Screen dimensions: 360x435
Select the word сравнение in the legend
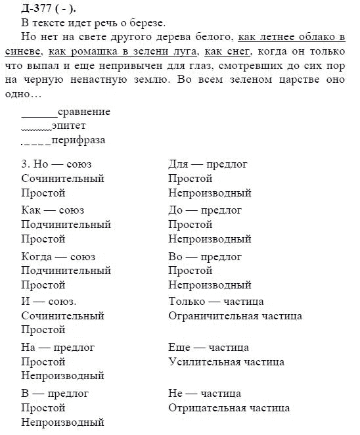coord(84,112)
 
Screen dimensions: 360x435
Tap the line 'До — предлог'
coord(206,210)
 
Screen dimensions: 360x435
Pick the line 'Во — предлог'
coord(206,256)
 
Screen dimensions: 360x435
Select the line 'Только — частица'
coord(216,302)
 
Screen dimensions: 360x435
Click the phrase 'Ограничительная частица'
coord(235,316)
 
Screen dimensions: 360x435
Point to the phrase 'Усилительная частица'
coord(226,362)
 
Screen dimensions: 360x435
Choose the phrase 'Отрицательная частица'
coord(229,408)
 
